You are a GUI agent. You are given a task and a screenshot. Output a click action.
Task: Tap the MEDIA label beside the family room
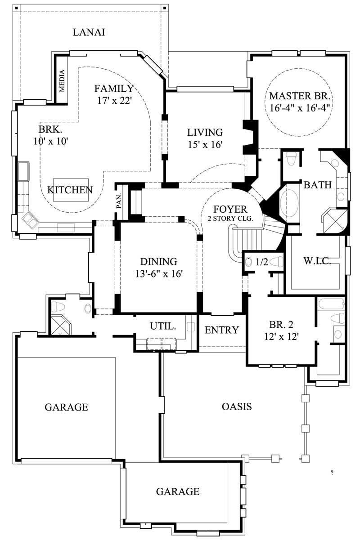click(62, 80)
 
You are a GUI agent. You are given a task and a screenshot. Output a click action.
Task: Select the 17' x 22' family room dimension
click(114, 100)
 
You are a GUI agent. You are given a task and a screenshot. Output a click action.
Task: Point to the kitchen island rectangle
click(70, 189)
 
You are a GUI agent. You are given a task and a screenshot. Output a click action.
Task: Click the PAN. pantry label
click(119, 203)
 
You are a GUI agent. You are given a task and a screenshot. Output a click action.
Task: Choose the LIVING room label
click(205, 132)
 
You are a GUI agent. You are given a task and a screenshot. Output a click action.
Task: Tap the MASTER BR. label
click(300, 96)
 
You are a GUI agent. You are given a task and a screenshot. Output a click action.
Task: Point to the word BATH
click(317, 184)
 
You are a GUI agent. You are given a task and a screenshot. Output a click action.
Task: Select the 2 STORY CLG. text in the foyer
click(230, 218)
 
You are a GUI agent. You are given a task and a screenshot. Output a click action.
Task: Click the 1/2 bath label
click(262, 262)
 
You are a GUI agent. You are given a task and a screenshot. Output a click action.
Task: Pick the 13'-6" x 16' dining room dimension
click(158, 274)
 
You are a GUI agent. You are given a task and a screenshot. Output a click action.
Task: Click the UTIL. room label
click(162, 326)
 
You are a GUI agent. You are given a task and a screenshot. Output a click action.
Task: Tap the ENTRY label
click(221, 330)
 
